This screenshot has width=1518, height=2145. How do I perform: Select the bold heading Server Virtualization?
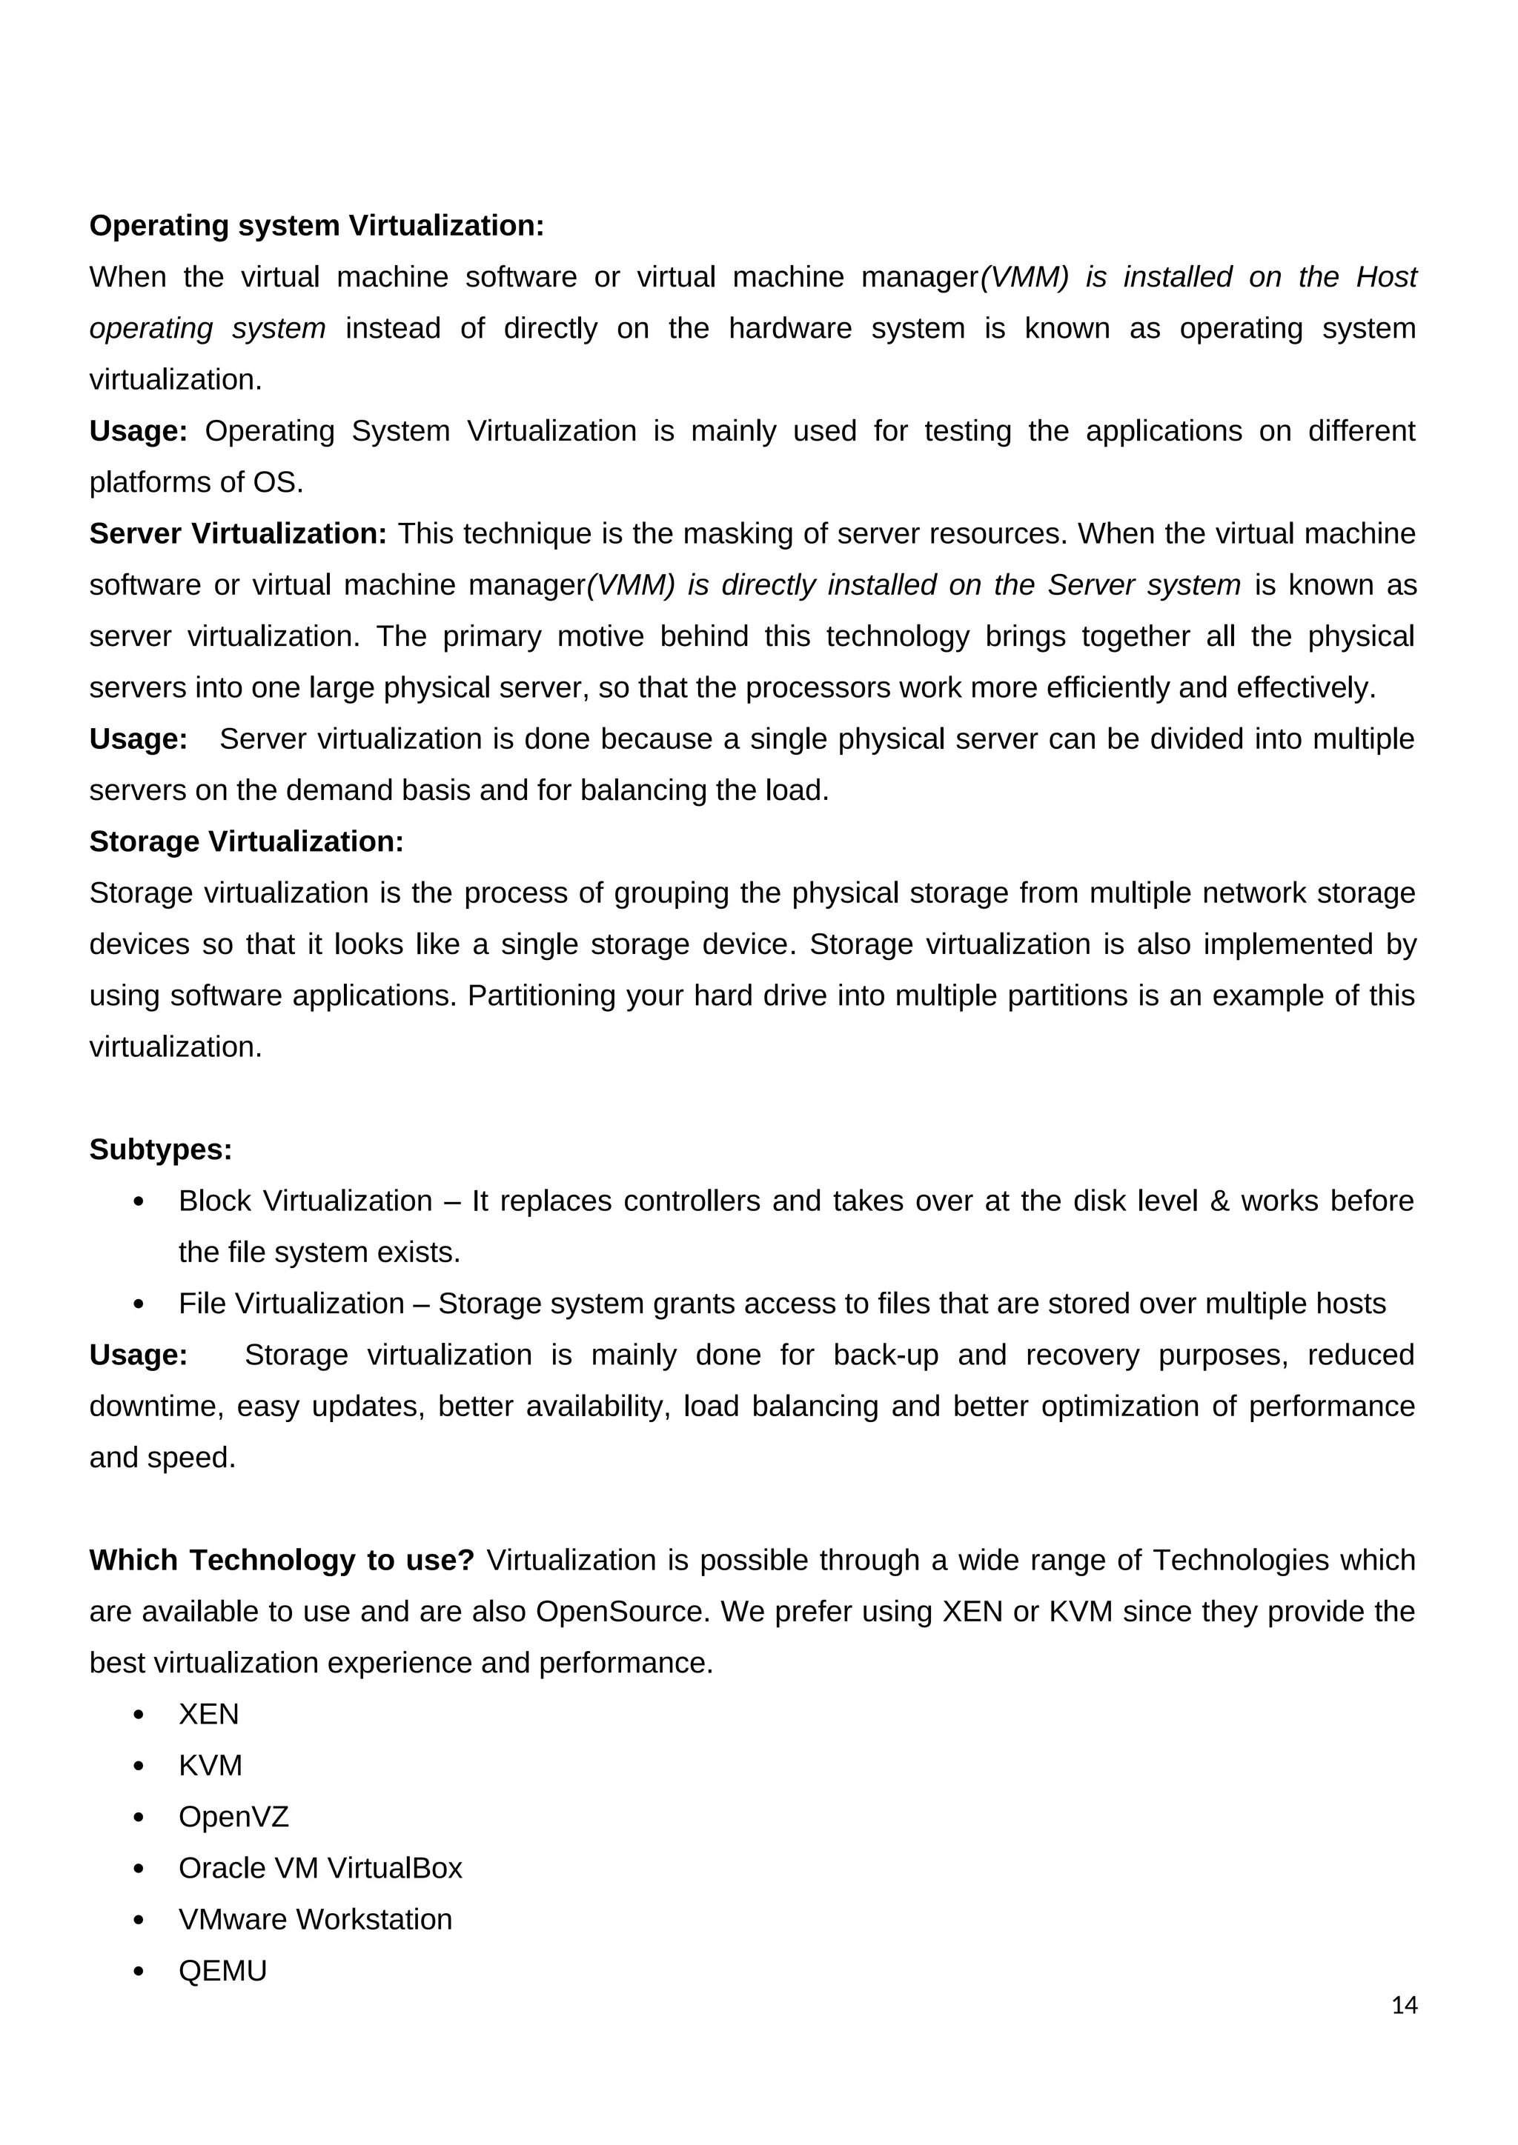(237, 533)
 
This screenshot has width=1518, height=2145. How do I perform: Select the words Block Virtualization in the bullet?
(305, 1201)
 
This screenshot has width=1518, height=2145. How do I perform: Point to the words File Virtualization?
(291, 1304)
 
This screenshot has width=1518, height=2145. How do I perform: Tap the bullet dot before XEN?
(139, 1715)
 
